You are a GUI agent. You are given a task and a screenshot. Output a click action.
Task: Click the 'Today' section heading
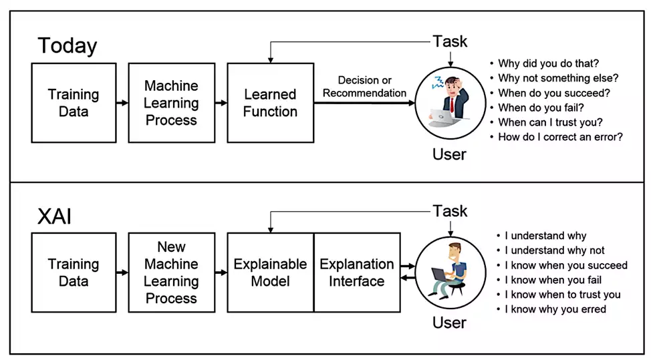click(x=68, y=45)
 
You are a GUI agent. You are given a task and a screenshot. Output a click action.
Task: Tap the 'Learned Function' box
click(x=270, y=103)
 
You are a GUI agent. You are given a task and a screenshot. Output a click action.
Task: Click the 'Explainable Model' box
click(x=270, y=272)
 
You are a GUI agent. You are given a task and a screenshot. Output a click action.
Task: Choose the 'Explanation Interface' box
click(x=357, y=272)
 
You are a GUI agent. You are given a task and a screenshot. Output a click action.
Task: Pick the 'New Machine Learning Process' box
click(x=171, y=272)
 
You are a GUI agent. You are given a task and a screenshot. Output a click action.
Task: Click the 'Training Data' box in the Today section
click(x=74, y=103)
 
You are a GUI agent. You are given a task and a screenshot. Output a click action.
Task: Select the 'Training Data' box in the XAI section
click(x=74, y=272)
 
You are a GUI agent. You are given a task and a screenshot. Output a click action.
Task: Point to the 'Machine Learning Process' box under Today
click(x=171, y=103)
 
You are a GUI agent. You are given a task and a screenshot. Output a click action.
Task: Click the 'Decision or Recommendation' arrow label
click(x=364, y=87)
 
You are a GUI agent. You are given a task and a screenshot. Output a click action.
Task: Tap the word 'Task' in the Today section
click(x=450, y=41)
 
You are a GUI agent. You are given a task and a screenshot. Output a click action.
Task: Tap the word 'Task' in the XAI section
click(x=450, y=211)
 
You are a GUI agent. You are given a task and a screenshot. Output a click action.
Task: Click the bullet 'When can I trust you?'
click(x=550, y=122)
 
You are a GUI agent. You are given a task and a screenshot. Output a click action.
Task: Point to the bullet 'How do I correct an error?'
click(x=560, y=137)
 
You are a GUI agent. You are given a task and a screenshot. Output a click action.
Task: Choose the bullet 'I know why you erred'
click(x=555, y=309)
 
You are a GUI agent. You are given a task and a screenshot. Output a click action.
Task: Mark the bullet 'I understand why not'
click(x=554, y=250)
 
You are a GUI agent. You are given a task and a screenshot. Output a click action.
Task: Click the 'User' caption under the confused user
click(x=449, y=154)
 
